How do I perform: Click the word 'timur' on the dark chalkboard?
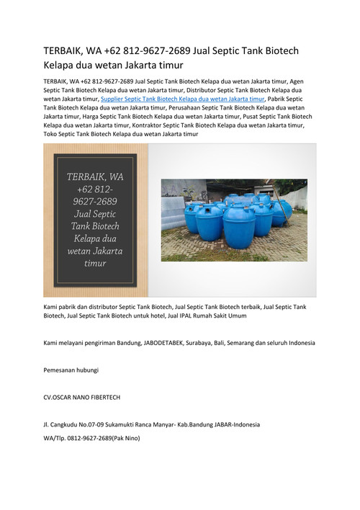[95, 264]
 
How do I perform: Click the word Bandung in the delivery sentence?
[136, 342]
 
